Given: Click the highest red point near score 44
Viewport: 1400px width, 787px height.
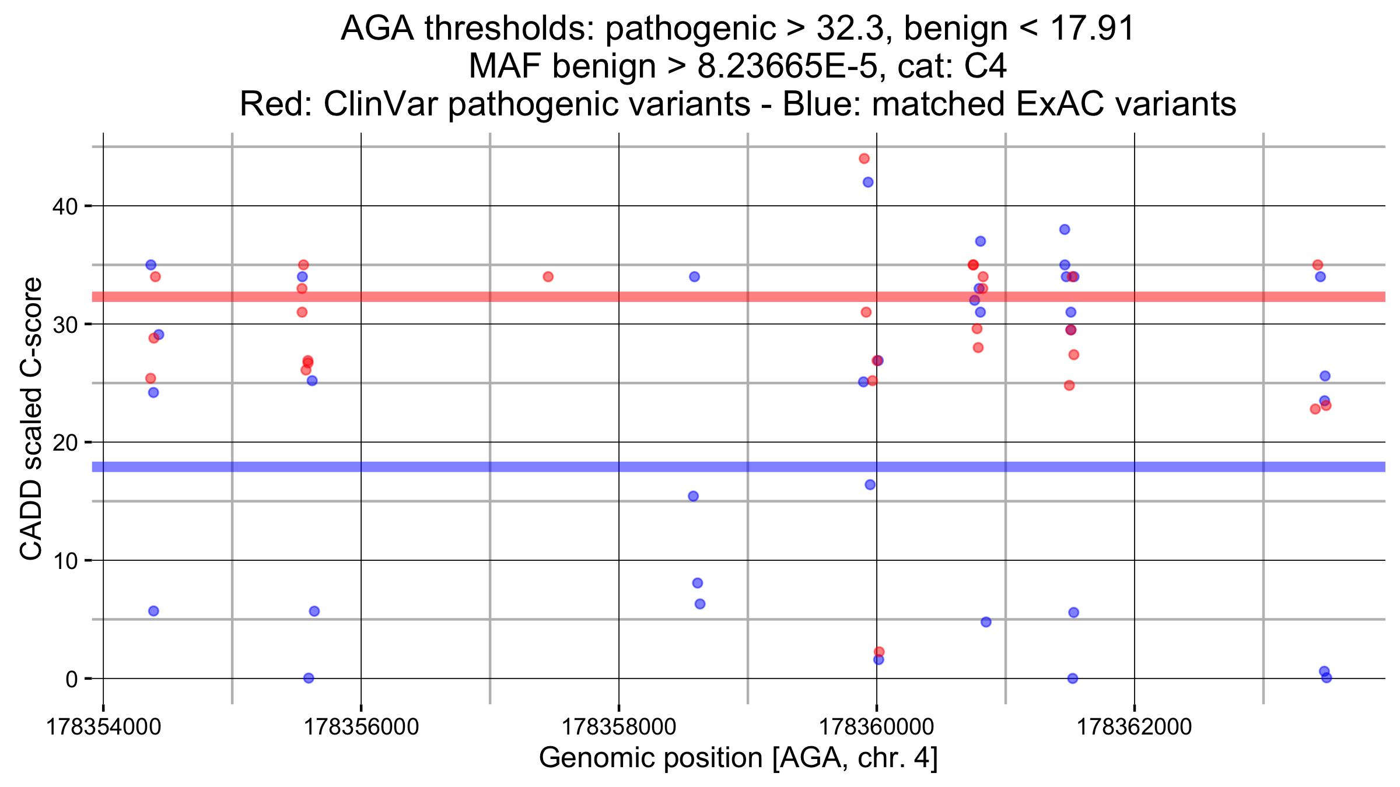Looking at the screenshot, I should (x=864, y=159).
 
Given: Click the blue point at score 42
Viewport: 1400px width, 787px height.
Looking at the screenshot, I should (x=868, y=182).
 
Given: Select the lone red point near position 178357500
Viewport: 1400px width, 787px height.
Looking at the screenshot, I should (x=548, y=277).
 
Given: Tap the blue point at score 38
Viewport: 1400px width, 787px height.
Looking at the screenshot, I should (x=1065, y=230).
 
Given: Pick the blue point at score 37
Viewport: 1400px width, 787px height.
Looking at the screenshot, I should (x=981, y=241).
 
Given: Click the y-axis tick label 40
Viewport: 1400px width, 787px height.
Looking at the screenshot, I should (x=65, y=206).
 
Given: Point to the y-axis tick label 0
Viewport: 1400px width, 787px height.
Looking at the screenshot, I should (x=72, y=679).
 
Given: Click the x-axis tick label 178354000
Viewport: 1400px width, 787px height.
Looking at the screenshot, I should (x=103, y=728).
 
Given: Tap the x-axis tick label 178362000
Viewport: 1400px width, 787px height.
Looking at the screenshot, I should (x=1134, y=728).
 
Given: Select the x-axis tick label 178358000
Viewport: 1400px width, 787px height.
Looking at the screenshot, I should (x=618, y=728).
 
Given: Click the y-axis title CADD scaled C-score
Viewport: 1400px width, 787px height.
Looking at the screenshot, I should (x=32, y=419).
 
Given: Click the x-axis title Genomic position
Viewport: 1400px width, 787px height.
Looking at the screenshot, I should (x=738, y=758).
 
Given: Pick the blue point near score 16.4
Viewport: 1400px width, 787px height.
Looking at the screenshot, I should (x=870, y=485).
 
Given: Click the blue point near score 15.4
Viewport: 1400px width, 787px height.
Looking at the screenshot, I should (x=693, y=497).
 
